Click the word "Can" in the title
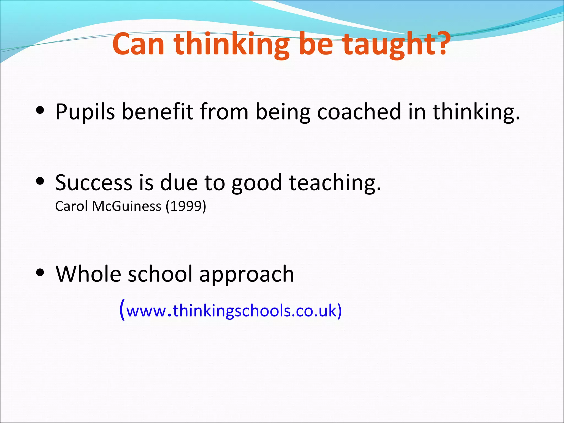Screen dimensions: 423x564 click(139, 44)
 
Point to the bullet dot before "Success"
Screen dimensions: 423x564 click(40, 181)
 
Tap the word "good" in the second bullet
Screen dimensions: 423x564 click(256, 183)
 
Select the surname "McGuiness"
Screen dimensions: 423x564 click(127, 206)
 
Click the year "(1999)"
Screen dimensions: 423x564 click(186, 206)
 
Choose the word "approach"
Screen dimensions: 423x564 click(246, 274)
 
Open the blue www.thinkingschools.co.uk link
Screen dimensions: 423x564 click(231, 311)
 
